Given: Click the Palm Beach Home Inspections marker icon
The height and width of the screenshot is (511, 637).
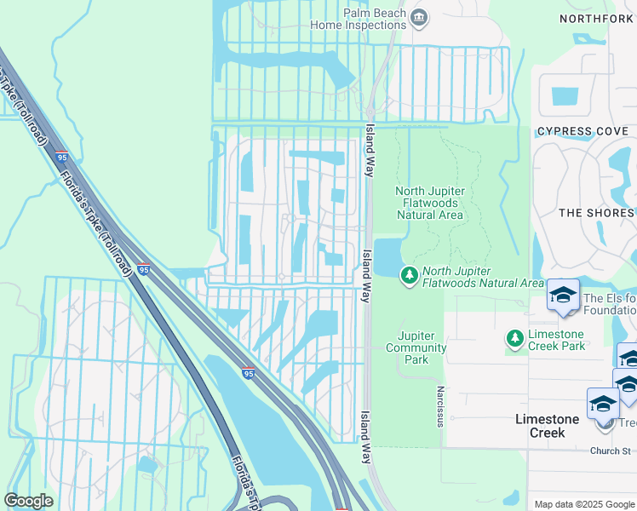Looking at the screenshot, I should click(x=418, y=17).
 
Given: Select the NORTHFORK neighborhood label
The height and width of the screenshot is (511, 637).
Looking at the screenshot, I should click(x=597, y=19).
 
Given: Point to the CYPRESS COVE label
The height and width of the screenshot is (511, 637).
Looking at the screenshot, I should click(x=582, y=131).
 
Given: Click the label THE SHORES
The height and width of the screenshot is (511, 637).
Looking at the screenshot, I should click(x=597, y=213).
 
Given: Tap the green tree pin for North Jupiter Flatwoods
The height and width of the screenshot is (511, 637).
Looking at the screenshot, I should click(x=410, y=275).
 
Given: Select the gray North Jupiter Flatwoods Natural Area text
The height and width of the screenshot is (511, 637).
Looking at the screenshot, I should click(x=429, y=203).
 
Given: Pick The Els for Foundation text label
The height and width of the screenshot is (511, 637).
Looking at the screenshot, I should click(x=609, y=305).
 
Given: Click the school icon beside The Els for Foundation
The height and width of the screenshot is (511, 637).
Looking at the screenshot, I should click(x=563, y=295).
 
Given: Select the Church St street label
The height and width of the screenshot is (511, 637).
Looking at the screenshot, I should click(x=611, y=451).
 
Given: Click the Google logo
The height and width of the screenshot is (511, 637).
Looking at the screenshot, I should click(x=29, y=501).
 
